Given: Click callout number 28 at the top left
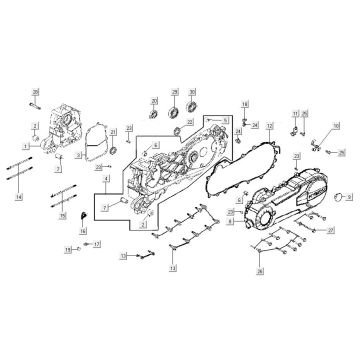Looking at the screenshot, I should (34, 92).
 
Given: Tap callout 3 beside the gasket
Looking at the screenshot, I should (60, 168).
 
